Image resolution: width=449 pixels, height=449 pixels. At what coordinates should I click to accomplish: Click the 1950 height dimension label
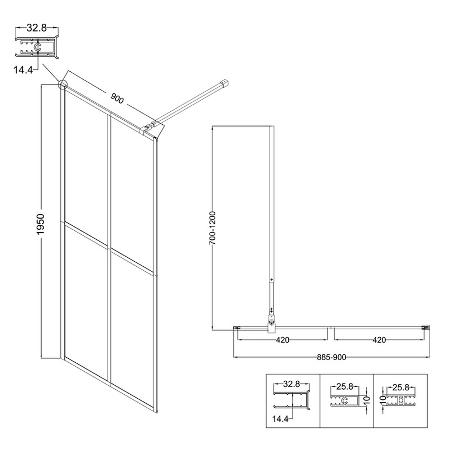click(x=40, y=224)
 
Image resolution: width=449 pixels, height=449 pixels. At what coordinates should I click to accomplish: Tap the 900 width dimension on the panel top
click(x=117, y=98)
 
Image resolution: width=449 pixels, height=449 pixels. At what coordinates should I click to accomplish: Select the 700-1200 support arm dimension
click(x=212, y=228)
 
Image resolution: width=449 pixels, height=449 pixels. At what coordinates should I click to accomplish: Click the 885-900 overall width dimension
click(x=331, y=357)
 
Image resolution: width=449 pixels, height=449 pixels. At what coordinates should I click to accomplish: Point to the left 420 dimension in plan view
click(x=282, y=340)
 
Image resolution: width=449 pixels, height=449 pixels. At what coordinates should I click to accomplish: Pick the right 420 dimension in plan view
click(x=379, y=340)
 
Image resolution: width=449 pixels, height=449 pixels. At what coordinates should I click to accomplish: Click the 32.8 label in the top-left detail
click(x=37, y=28)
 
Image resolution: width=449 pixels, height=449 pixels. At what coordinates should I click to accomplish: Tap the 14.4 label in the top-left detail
click(x=23, y=70)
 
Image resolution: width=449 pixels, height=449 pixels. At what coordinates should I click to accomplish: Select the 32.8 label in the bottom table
click(x=291, y=384)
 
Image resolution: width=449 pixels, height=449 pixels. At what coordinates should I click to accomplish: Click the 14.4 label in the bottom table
click(x=280, y=419)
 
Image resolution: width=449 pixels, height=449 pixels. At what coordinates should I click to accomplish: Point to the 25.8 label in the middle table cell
click(x=344, y=387)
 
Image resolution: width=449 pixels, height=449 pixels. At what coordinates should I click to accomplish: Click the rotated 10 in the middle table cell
click(x=368, y=400)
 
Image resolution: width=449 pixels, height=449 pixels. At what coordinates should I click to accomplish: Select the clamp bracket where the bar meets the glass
click(x=149, y=128)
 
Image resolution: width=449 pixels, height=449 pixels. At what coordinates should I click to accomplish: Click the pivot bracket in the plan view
click(x=271, y=324)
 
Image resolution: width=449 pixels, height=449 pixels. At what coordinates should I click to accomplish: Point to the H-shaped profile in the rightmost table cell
click(x=401, y=401)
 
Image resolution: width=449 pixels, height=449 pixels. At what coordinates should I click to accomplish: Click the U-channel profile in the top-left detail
click(x=37, y=47)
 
